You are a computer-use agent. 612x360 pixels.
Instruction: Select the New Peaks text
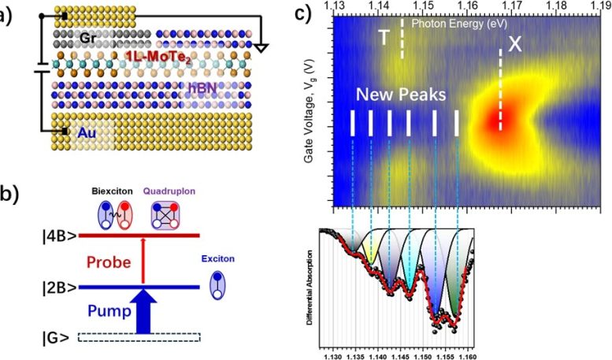click(402, 95)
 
